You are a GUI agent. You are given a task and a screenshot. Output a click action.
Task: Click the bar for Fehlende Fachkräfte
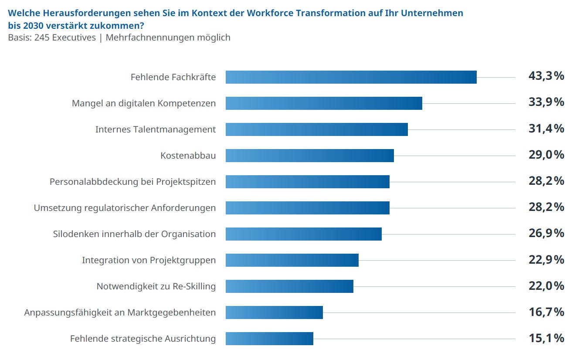point(351,77)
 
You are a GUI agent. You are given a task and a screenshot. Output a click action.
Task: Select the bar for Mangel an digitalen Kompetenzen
point(324,103)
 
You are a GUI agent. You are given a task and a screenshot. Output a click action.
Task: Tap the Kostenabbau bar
point(309,156)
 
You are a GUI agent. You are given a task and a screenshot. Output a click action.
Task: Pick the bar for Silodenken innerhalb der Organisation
point(303,234)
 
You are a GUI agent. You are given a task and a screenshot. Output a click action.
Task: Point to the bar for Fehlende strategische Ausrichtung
point(269,339)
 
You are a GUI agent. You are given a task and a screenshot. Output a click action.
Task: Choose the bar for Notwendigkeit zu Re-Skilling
point(289,286)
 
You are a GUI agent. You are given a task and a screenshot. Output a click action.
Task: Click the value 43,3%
point(546,76)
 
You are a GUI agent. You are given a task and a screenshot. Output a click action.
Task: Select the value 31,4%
point(546,129)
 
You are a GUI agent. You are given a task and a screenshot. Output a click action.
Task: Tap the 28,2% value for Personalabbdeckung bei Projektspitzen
point(546,181)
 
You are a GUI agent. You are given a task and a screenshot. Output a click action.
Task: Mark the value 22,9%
point(546,259)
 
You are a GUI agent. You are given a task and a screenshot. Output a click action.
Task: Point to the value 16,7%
point(546,312)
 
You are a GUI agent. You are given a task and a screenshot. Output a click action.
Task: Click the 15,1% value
point(546,338)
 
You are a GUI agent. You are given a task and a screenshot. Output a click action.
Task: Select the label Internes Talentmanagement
point(156,129)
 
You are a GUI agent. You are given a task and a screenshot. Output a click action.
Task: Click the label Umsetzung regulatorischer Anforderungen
point(125,208)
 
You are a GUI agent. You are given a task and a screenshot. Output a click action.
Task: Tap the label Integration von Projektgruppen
point(149,260)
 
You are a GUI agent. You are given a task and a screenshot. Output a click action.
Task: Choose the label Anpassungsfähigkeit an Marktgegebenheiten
point(120,312)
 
